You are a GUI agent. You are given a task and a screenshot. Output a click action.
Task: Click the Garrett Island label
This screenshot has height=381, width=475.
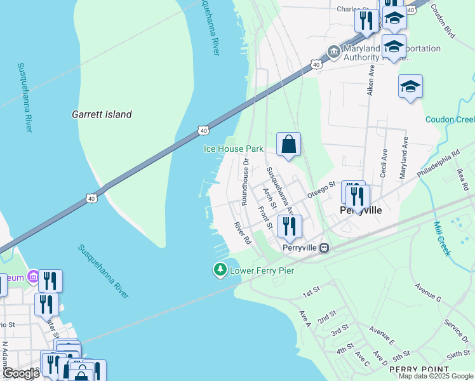102,115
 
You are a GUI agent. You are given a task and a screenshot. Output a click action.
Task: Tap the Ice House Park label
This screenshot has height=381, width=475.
233,149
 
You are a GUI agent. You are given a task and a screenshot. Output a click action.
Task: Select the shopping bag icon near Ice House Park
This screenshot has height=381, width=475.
288,145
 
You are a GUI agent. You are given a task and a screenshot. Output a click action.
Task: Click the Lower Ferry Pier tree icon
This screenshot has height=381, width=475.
220,271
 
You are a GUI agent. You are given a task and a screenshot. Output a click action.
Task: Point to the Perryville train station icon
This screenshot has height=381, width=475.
324,248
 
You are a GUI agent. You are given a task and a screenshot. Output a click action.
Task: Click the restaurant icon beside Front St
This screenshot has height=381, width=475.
289,227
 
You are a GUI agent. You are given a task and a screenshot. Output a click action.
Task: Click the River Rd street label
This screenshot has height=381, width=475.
243,233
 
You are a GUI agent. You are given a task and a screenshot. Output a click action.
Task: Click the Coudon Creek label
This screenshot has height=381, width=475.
450,119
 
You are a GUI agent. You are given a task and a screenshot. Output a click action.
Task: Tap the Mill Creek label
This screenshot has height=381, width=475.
442,238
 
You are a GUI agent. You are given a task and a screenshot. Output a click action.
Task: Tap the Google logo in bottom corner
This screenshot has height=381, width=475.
20,373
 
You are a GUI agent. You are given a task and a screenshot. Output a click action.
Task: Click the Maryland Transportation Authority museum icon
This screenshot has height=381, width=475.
333,51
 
